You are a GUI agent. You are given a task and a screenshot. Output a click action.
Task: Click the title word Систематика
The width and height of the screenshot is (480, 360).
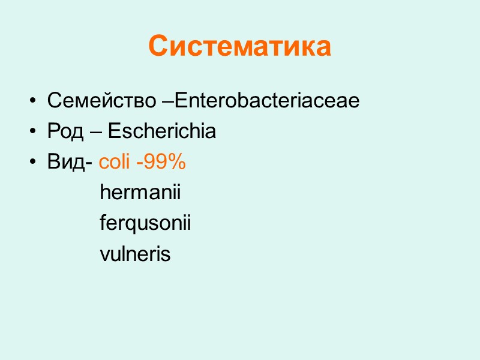239,46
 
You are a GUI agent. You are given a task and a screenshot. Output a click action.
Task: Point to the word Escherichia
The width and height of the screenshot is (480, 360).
163,131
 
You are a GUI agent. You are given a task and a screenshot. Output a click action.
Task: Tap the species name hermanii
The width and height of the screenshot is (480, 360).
140,193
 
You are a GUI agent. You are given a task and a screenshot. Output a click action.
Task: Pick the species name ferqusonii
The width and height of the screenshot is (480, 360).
145,224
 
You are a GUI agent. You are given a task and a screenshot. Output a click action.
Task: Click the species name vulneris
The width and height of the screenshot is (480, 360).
135,254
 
